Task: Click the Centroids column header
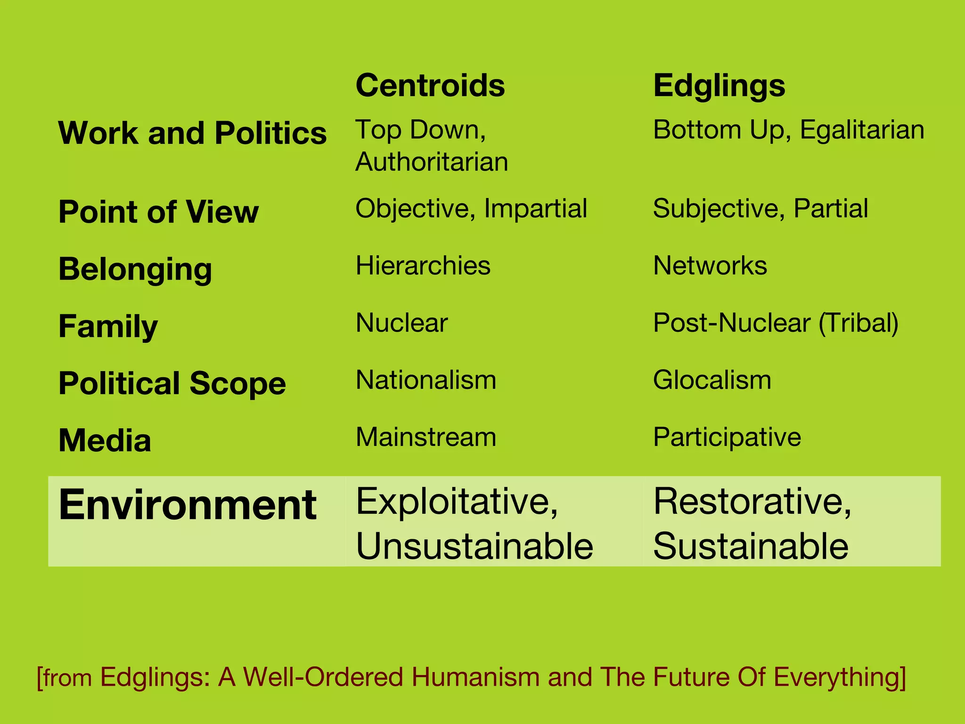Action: (x=430, y=86)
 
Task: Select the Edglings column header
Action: (x=719, y=87)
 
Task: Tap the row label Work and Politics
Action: (x=192, y=133)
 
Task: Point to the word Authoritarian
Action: (x=432, y=162)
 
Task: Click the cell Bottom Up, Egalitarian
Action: (x=788, y=130)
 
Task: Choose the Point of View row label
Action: (x=158, y=212)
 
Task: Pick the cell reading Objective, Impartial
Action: (x=471, y=208)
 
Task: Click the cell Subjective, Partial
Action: (x=760, y=208)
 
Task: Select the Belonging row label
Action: (x=135, y=269)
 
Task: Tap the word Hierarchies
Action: (x=423, y=265)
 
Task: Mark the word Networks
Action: (x=710, y=265)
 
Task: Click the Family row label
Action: (x=108, y=326)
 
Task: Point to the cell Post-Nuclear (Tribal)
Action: (x=776, y=323)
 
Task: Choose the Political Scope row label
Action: (x=172, y=383)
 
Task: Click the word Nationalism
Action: (x=425, y=380)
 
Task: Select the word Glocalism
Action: (x=712, y=380)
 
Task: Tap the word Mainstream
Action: (x=425, y=437)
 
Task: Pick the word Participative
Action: (x=727, y=437)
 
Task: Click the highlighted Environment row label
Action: (x=188, y=505)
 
